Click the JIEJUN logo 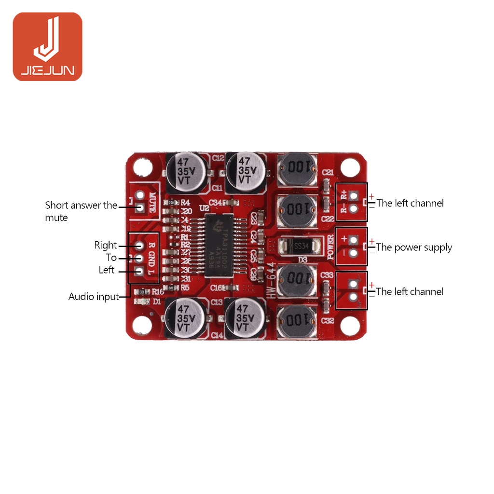47,46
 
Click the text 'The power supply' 414,247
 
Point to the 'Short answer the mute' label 81,211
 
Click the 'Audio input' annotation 94,297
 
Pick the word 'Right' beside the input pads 106,245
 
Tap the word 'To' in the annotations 111,258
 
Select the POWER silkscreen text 331,247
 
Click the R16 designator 158,291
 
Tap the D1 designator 157,302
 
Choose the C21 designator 328,172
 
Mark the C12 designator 218,158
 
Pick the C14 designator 216,335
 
